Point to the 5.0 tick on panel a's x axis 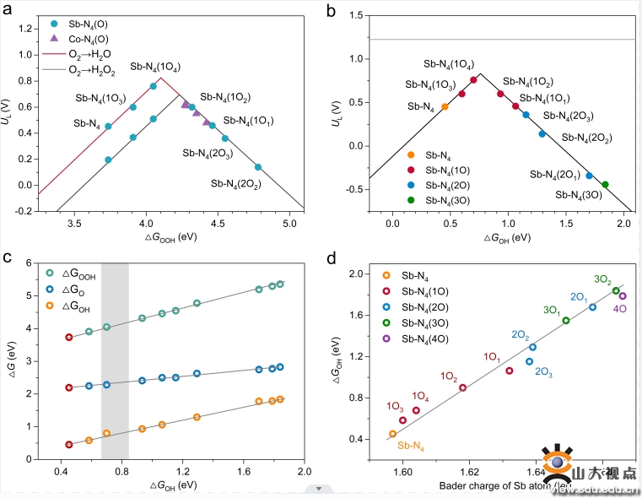(x=289, y=224)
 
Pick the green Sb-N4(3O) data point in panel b (x=605, y=184)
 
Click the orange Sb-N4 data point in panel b (x=445, y=107)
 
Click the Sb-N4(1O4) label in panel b (x=448, y=64)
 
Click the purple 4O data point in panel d (x=623, y=295)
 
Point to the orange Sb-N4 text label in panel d (x=411, y=446)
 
